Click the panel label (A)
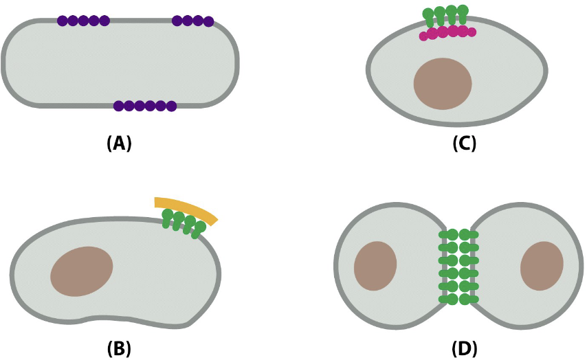tap(119, 144)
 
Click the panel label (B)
tap(119, 349)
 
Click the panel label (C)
tap(464, 144)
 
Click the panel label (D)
tap(464, 349)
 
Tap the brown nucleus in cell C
tap(443, 84)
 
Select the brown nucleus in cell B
tap(82, 271)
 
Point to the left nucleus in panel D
tap(375, 266)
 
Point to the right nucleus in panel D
tap(542, 266)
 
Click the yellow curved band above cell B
tap(186, 209)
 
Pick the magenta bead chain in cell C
tap(447, 32)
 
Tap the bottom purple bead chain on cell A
tap(145, 106)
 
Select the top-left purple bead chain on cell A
tap(83, 21)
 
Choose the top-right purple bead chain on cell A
tap(192, 21)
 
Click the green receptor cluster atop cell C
tap(445, 16)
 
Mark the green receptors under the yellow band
tap(184, 223)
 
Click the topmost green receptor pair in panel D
tap(458, 235)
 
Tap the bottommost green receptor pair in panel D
tap(458, 299)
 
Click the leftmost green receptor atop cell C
tap(429, 17)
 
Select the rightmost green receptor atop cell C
tap(463, 14)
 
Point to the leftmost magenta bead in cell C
tap(423, 36)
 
